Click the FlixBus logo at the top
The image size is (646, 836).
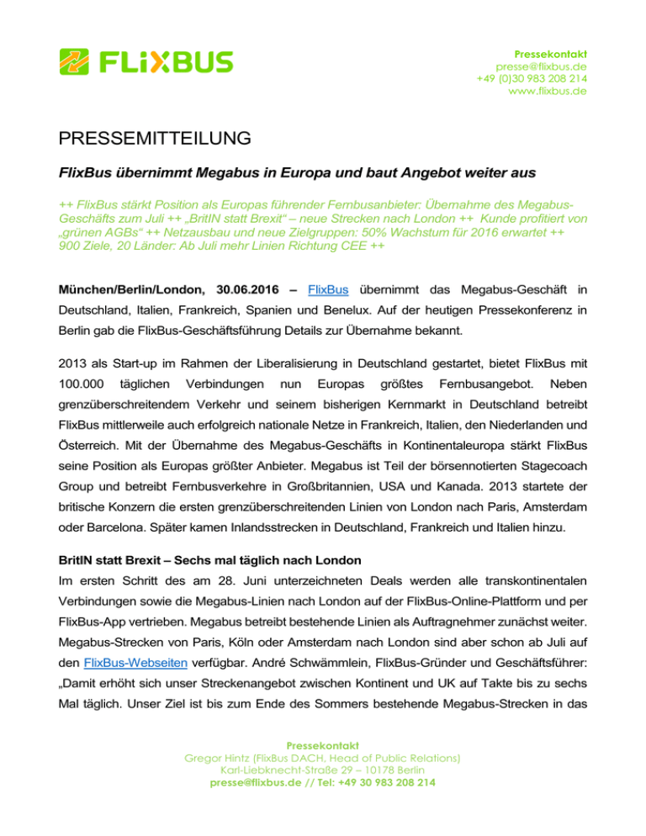click(x=146, y=61)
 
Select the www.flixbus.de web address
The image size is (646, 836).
click(x=548, y=92)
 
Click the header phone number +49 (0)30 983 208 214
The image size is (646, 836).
click(x=532, y=78)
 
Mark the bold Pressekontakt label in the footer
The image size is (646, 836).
click(x=322, y=768)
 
